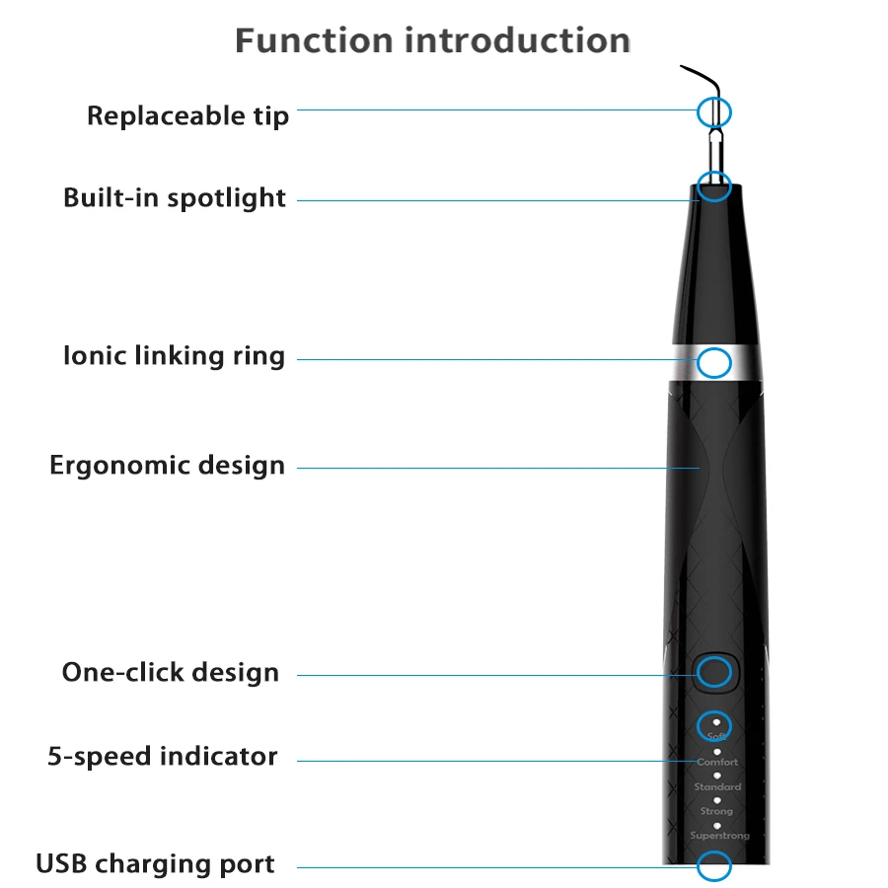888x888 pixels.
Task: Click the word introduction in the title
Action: [518, 41]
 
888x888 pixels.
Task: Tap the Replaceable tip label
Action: [188, 115]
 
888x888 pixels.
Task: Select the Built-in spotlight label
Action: [175, 197]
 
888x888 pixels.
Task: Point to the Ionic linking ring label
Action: [174, 356]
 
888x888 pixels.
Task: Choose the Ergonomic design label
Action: [167, 465]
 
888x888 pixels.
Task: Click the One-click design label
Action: [170, 673]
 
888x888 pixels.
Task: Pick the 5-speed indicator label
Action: [163, 757]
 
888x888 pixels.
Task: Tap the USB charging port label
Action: [156, 864]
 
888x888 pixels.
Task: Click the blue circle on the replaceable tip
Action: [714, 111]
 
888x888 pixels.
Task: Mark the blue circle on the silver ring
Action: [714, 362]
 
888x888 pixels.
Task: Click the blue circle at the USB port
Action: [714, 866]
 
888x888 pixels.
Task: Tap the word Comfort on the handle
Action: [717, 763]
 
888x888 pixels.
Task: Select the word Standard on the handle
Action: [717, 787]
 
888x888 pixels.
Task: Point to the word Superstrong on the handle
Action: [719, 836]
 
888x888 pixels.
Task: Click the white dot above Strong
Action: [717, 800]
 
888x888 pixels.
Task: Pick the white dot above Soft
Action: [716, 723]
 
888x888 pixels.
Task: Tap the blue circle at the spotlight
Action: [714, 184]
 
